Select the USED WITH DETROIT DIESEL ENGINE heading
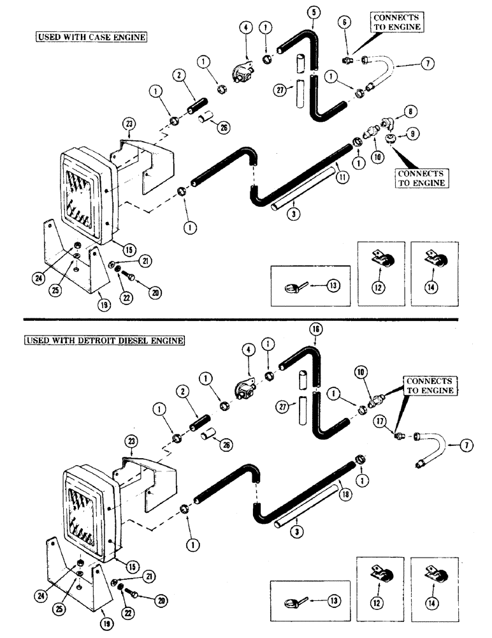tap(105, 341)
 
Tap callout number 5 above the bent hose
tap(312, 11)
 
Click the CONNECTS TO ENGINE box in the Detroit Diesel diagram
tap(431, 385)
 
